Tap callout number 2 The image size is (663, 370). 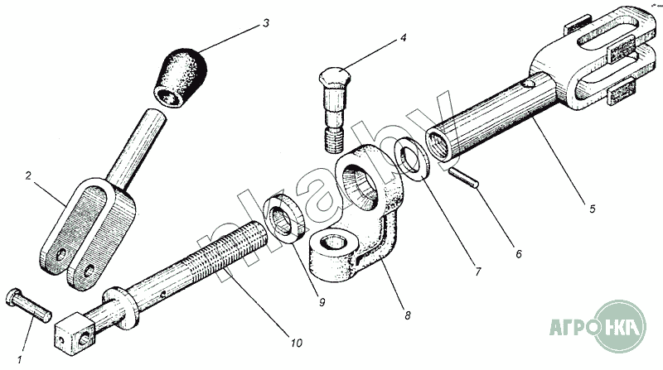point(29,176)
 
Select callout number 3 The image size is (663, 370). point(265,22)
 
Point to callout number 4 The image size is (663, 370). point(404,37)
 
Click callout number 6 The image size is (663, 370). point(518,254)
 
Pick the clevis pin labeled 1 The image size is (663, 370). point(30,303)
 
